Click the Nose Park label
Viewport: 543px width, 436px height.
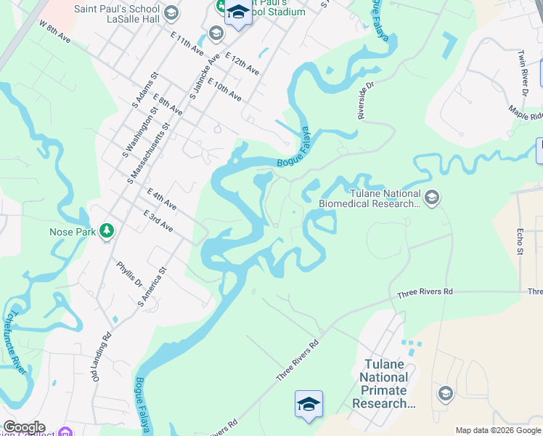tap(72, 232)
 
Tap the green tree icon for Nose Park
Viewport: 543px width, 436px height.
tap(107, 231)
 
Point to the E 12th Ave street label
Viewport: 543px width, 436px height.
tap(242, 63)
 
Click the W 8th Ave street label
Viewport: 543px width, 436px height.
tap(55, 34)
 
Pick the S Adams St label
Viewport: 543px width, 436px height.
tap(145, 90)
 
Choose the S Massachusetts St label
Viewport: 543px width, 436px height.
tap(148, 152)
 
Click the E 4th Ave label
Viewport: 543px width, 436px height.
tap(161, 199)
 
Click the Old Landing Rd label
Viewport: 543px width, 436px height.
tap(100, 356)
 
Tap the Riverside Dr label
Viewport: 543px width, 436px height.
tap(364, 99)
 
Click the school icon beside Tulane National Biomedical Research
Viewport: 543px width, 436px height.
tap(432, 198)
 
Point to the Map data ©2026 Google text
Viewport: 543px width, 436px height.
tap(498, 430)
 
